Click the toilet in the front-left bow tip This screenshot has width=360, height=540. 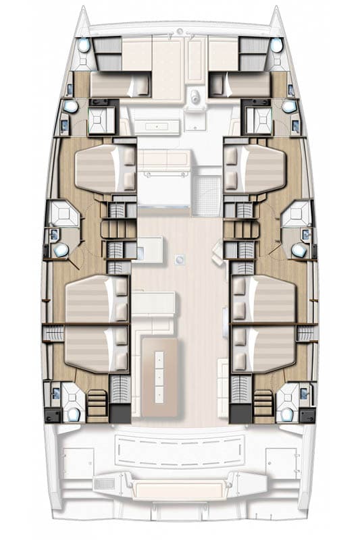[x=83, y=45]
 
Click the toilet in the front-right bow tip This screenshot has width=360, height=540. [x=276, y=45]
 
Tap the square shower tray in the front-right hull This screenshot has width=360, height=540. [x=257, y=119]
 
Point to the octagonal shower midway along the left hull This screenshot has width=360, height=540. [x=65, y=215]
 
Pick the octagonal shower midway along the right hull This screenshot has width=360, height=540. [x=296, y=215]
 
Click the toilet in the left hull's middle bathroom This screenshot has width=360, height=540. [x=61, y=250]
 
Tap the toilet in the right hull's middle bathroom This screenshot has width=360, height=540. [x=299, y=250]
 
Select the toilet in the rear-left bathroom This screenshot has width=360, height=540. [x=74, y=412]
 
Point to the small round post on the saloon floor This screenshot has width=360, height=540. [x=180, y=258]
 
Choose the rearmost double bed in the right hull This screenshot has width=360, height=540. [x=269, y=348]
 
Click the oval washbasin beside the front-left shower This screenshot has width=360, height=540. [x=70, y=107]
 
